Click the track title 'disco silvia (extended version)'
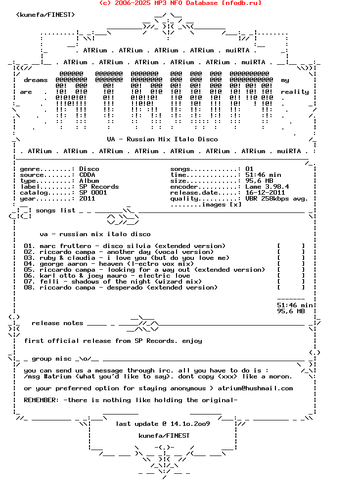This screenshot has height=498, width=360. click(164, 246)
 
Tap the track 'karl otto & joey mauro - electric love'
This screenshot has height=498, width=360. click(107, 276)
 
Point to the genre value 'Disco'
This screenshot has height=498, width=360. click(89, 169)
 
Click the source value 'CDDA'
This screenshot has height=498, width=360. click(87, 175)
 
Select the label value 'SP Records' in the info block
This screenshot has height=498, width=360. click(99, 187)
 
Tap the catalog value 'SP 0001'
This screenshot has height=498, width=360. click(93, 193)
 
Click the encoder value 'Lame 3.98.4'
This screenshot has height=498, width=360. click(267, 187)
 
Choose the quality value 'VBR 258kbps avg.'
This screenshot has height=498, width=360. click(276, 199)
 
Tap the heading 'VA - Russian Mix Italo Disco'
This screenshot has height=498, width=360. click(162, 139)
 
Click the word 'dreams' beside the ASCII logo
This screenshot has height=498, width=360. click(36, 80)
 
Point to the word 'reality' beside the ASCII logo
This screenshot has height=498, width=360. click(295, 92)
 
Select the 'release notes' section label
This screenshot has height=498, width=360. click(57, 323)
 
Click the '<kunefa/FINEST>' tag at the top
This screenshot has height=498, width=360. click(45, 15)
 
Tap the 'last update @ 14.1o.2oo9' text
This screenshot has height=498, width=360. click(163, 424)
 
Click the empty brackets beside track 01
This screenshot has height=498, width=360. click(291, 246)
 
